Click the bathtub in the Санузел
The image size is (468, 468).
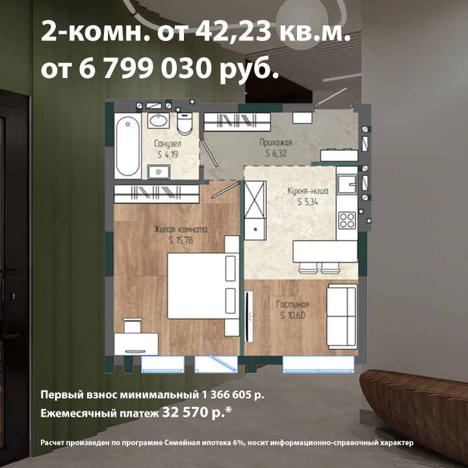128,146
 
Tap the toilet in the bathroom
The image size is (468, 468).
185,123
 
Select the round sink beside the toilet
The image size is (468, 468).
159,121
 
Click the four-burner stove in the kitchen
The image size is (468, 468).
347,220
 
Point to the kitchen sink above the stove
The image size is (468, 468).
347,185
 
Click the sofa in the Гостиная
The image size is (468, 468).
342,317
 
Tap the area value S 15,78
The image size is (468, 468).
181,240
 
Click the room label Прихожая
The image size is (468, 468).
276,142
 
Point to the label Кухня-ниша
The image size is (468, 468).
307,190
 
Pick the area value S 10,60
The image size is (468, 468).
292,315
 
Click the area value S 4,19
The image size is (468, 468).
168,155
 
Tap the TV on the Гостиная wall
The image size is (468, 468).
248,317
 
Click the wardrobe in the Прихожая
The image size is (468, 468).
237,122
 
